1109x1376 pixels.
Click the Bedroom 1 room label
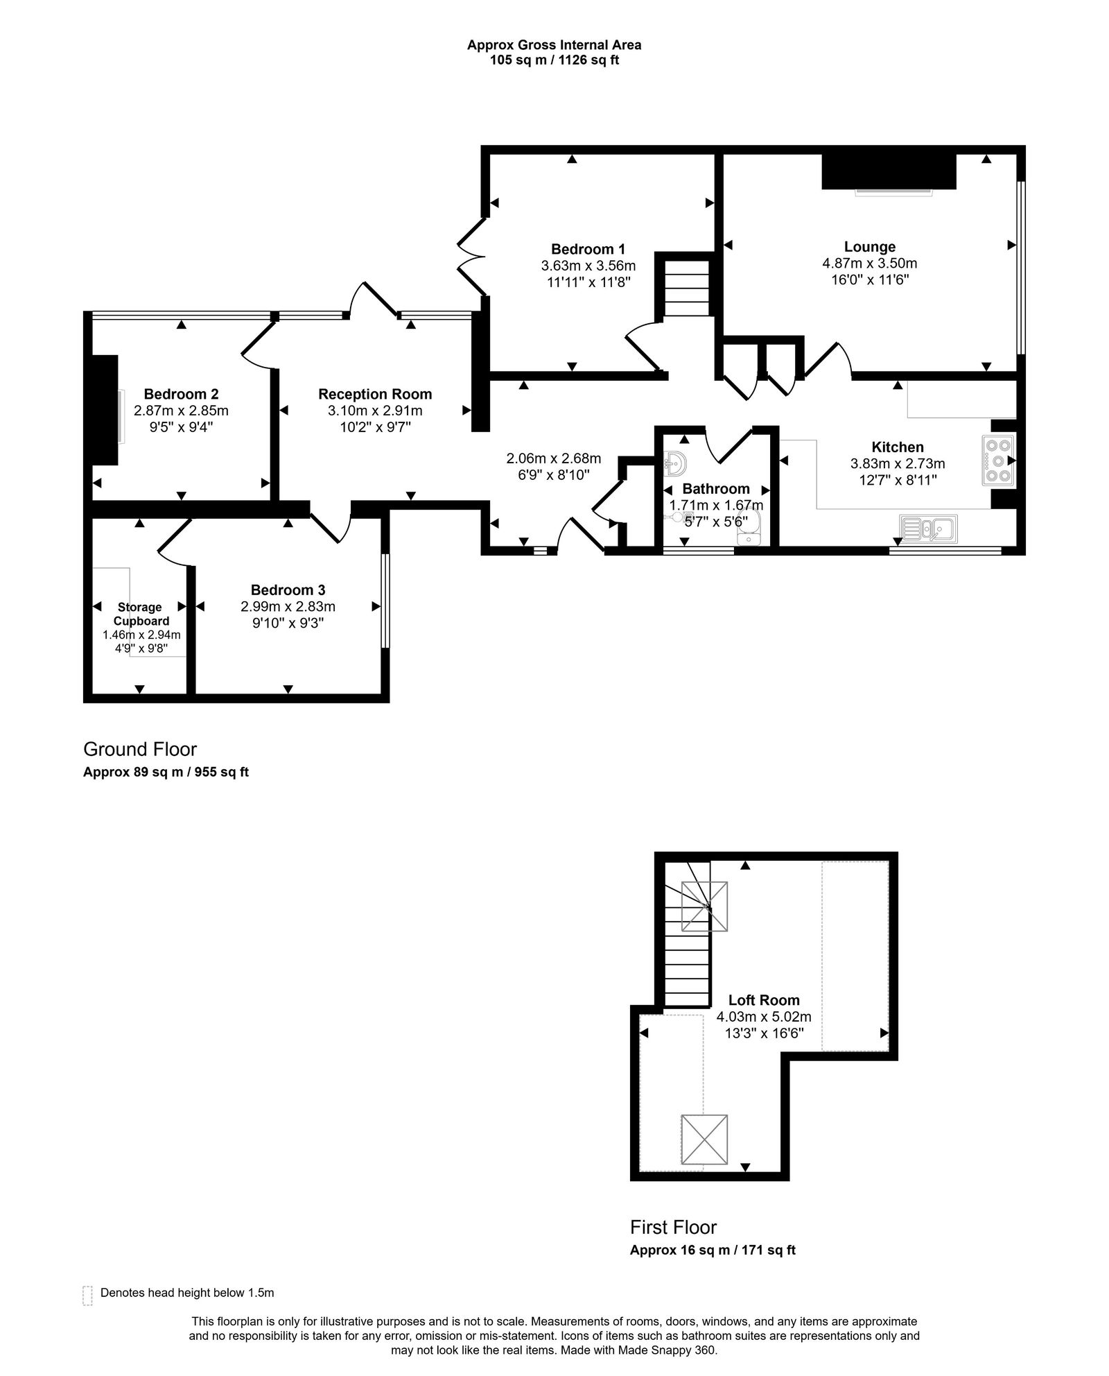(588, 249)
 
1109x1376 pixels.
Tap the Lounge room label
(869, 247)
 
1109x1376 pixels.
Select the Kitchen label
(897, 447)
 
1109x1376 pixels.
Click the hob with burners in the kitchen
(998, 460)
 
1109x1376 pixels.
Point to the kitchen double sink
(928, 528)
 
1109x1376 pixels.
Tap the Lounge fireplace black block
(889, 171)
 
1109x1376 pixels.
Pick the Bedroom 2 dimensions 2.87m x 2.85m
(181, 411)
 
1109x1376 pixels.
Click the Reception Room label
(375, 394)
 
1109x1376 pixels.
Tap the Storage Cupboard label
(140, 614)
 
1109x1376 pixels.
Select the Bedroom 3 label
(288, 590)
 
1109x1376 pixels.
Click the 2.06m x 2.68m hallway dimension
(553, 458)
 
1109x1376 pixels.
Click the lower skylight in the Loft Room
(704, 1140)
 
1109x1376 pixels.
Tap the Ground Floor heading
(140, 749)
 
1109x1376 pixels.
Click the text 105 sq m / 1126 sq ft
(554, 60)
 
